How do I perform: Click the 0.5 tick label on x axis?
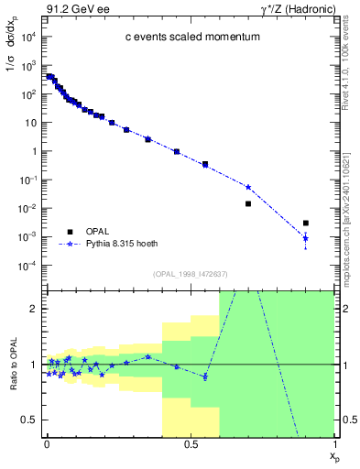pos(191,443)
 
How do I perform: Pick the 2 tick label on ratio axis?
pos(33,309)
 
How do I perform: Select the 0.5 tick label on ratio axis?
pos(30,420)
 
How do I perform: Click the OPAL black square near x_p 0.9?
pos(306,223)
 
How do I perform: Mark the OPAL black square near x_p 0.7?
pos(248,203)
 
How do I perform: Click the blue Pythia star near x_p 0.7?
pos(248,187)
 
